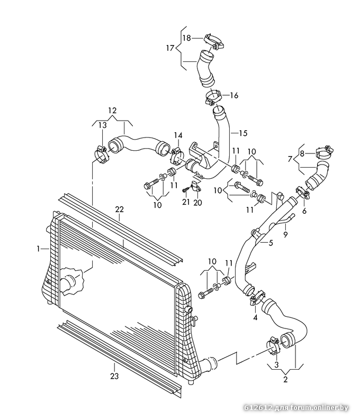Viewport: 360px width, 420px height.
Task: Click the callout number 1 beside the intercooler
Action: [38, 249]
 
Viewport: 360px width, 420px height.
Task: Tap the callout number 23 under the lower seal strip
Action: [114, 376]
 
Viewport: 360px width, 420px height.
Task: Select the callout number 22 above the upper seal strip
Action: [120, 209]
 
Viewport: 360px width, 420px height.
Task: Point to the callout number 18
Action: [186, 38]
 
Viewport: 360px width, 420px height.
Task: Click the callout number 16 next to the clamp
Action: [234, 95]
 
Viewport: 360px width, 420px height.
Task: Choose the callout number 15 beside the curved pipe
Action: [243, 133]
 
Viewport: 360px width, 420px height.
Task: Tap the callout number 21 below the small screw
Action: [186, 202]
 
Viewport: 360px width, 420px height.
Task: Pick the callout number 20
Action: [197, 203]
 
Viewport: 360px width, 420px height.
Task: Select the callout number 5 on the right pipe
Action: [271, 243]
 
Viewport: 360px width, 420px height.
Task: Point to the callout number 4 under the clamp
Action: [255, 318]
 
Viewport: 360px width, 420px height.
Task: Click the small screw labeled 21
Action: [185, 189]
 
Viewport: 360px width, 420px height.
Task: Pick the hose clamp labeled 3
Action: [274, 345]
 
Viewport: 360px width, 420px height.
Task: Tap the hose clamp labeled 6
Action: [303, 193]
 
